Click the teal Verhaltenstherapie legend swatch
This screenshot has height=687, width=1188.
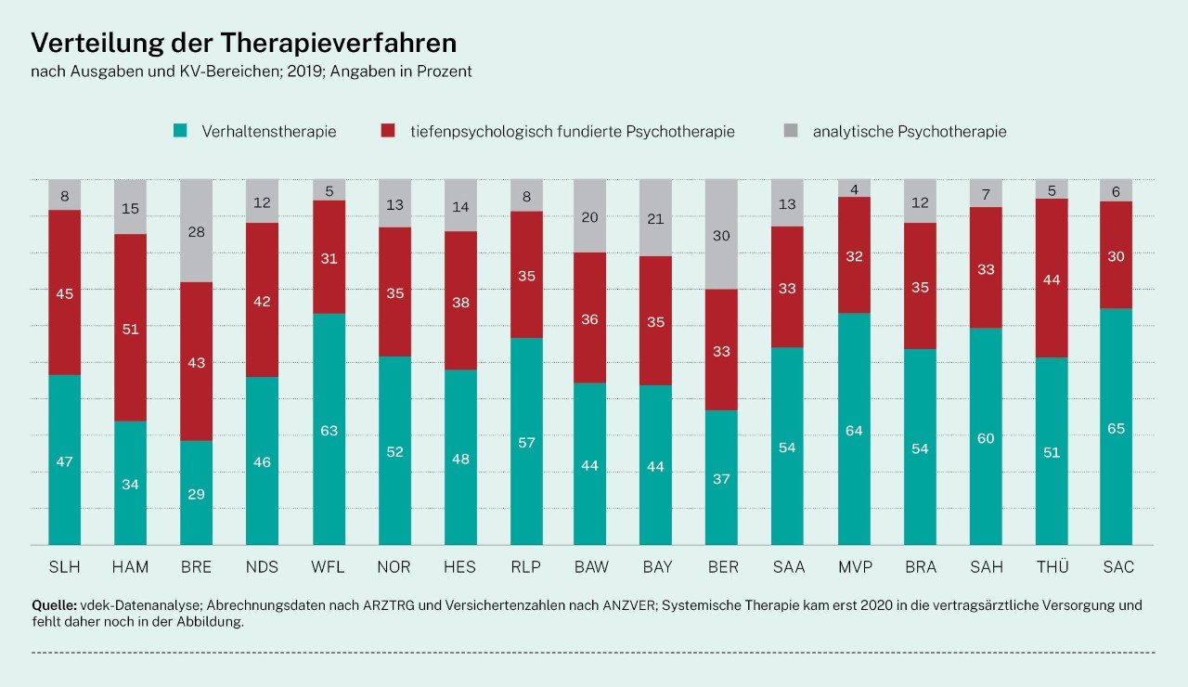pos(181,132)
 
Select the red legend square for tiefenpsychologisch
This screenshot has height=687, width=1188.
pos(389,132)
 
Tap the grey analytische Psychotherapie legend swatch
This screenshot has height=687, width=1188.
pos(792,132)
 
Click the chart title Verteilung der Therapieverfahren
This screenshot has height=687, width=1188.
pos(244,44)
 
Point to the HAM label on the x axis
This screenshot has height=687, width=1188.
pos(130,567)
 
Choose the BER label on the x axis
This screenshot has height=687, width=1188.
pos(722,567)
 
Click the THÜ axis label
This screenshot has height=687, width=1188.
pos(1052,567)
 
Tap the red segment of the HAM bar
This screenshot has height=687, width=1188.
pos(130,328)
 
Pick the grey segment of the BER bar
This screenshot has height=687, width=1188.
pos(722,234)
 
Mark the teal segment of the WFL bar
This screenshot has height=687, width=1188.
pos(329,429)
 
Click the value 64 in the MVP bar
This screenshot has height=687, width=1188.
pos(853,430)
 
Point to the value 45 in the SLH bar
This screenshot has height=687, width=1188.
pos(64,293)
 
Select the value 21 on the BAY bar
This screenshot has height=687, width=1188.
pos(656,218)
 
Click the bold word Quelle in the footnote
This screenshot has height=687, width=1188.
pos(52,605)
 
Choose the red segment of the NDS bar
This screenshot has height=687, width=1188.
pos(262,300)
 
